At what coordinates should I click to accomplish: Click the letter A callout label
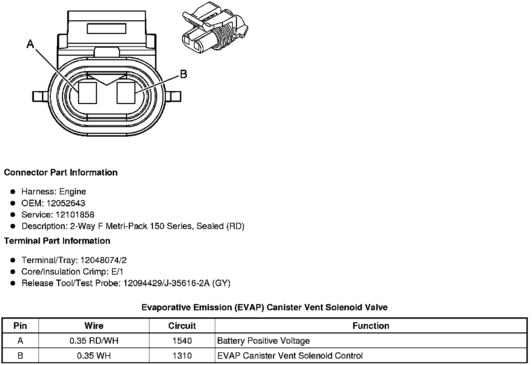click(x=30, y=44)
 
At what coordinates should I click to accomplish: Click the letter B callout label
click(x=183, y=74)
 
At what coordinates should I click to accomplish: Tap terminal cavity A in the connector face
click(x=87, y=93)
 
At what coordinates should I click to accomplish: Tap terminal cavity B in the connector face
click(x=126, y=93)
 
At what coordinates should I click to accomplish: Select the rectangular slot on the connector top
click(x=106, y=28)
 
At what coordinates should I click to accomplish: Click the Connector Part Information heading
click(x=61, y=172)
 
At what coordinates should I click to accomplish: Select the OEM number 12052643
click(x=66, y=203)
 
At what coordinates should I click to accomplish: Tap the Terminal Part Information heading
click(x=57, y=241)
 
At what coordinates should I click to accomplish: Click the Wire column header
click(x=94, y=326)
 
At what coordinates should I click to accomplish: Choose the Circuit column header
click(x=182, y=326)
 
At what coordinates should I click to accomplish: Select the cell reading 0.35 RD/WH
click(x=94, y=341)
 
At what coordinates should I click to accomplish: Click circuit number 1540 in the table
click(x=182, y=341)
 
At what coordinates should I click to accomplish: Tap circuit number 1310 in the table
click(x=182, y=356)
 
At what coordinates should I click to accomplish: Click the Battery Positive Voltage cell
click(x=264, y=341)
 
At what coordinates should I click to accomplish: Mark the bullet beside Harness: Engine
click(x=13, y=192)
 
